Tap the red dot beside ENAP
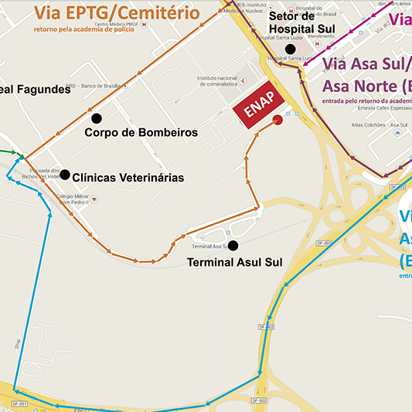pyautogui.click(x=278, y=120)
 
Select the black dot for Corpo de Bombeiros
pyautogui.click(x=97, y=118)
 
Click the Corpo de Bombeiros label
pyautogui.click(x=141, y=133)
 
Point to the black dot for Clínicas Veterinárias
pyautogui.click(x=65, y=175)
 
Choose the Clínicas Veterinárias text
pyautogui.click(x=128, y=178)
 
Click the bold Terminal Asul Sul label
pyautogui.click(x=235, y=263)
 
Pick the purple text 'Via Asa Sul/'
pyautogui.click(x=366, y=63)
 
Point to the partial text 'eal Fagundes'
pyautogui.click(x=35, y=90)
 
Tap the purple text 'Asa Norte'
pyautogui.click(x=360, y=85)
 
